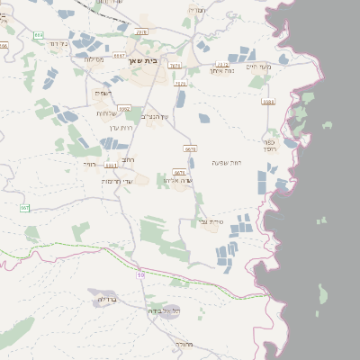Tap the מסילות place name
(x=94, y=59)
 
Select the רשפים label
(x=103, y=93)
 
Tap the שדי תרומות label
(x=119, y=182)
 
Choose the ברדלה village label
(x=106, y=299)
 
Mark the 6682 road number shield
(x=267, y=102)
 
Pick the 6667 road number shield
(x=120, y=56)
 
